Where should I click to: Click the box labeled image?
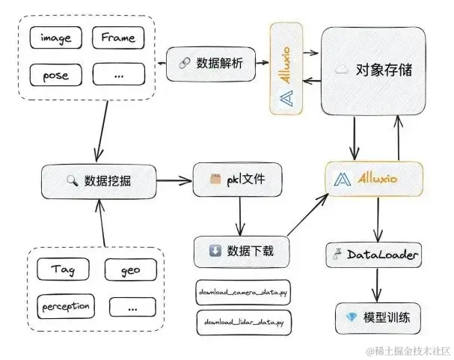pyautogui.click(x=56, y=37)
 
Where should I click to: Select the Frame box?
pyautogui.click(x=117, y=37)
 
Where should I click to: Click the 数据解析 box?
pyautogui.click(x=212, y=61)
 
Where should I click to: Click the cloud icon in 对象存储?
pyautogui.click(x=342, y=70)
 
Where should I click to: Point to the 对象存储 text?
pyautogui.click(x=384, y=70)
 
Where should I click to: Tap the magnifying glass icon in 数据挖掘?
pyautogui.click(x=72, y=180)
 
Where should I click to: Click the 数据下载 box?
pyautogui.click(x=241, y=251)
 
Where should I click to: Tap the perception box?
pyautogui.click(x=65, y=306)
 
